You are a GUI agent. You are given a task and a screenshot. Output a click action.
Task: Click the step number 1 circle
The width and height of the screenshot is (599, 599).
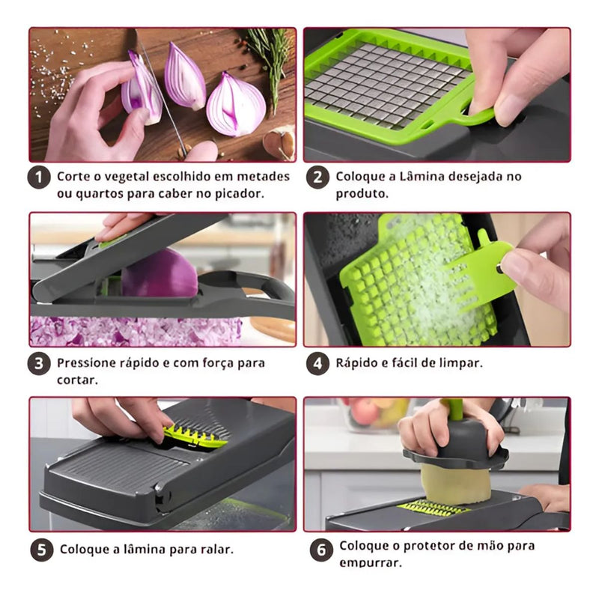coord(39,177)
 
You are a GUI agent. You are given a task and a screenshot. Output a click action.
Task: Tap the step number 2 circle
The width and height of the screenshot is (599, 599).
coord(317,177)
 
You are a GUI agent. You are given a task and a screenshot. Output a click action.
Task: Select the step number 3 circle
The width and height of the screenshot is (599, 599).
coord(39,363)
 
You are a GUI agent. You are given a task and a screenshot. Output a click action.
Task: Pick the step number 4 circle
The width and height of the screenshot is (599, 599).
coord(317,363)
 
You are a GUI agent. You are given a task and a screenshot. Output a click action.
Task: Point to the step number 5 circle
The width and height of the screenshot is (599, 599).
coord(42,550)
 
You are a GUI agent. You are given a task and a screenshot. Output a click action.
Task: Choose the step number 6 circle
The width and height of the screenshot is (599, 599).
coord(321,550)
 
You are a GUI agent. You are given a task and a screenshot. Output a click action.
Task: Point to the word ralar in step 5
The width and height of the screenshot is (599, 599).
coord(217,550)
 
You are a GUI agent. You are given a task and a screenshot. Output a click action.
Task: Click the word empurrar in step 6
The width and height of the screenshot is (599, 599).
coord(370,563)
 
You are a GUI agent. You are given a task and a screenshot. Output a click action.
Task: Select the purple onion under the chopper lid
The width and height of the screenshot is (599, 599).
coord(159,273)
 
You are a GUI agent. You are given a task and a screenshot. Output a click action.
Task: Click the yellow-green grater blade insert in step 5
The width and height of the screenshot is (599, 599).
coord(195,437)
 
